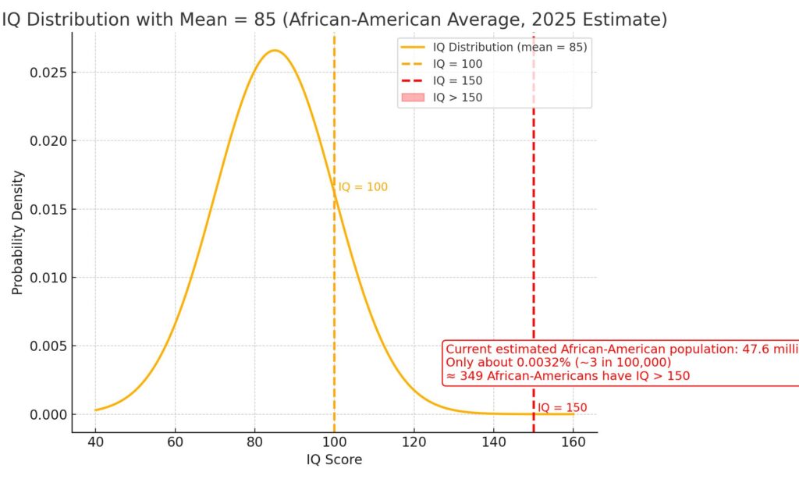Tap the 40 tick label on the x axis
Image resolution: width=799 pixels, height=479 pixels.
tap(95, 442)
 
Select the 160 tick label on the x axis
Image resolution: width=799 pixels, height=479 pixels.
tap(574, 442)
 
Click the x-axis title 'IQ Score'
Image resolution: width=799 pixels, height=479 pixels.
tap(334, 459)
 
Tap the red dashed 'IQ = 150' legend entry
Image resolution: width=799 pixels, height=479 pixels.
tap(457, 80)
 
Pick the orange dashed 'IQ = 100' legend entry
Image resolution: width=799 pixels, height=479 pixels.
tap(457, 64)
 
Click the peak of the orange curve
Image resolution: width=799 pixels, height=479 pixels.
tap(274, 51)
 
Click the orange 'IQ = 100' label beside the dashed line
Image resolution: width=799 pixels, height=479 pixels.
tap(363, 187)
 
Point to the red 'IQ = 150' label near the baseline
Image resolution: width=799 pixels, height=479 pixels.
tap(562, 407)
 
